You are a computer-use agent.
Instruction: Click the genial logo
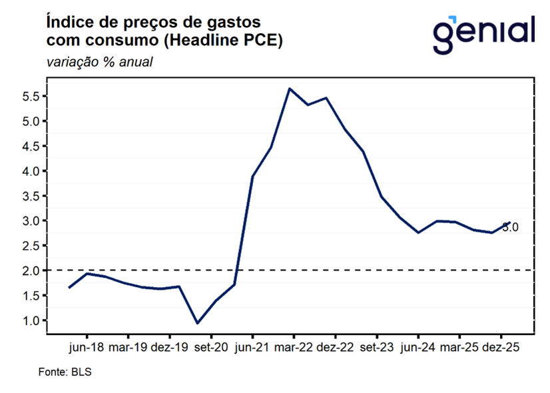[483, 33]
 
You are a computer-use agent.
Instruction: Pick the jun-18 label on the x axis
[86, 348]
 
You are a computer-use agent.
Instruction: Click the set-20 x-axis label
[210, 348]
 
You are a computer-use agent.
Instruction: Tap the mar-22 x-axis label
[294, 348]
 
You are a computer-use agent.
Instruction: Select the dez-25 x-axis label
[500, 348]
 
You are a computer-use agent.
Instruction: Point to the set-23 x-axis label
[376, 348]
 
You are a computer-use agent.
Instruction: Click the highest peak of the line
[290, 89]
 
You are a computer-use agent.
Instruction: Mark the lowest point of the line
[197, 323]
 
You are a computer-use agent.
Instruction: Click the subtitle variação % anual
[100, 63]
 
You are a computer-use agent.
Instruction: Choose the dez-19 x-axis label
[169, 348]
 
